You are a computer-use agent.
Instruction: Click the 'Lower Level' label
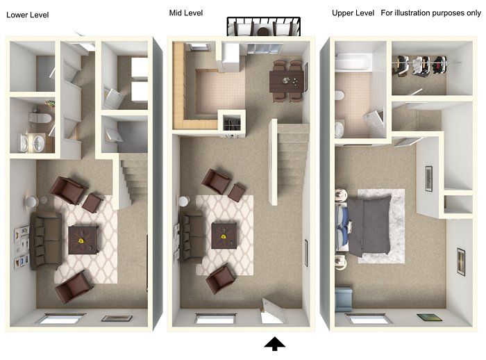pyautogui.click(x=28, y=15)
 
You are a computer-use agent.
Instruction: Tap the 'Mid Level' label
pyautogui.click(x=186, y=13)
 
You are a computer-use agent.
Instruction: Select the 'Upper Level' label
pyautogui.click(x=353, y=13)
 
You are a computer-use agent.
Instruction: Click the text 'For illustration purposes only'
pyautogui.click(x=430, y=13)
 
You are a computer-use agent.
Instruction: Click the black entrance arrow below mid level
pyautogui.click(x=275, y=343)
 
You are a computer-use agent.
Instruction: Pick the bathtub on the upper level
pyautogui.click(x=351, y=64)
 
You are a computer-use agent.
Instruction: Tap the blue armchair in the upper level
pyautogui.click(x=344, y=300)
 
